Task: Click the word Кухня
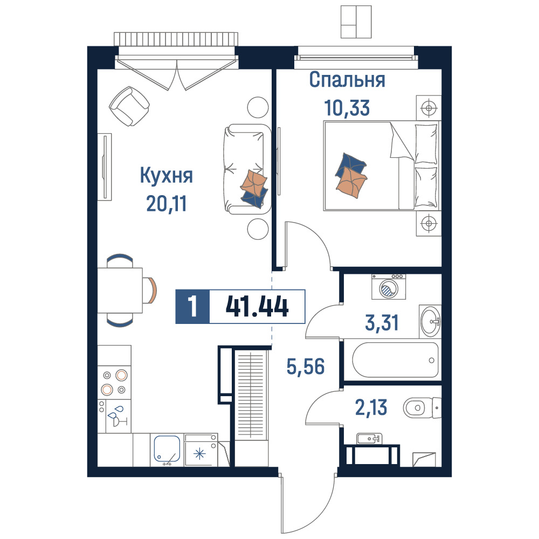tap(167, 176)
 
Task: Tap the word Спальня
tap(347, 80)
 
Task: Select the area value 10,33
tap(347, 108)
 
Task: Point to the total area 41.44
tap(257, 307)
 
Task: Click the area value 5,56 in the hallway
tap(306, 367)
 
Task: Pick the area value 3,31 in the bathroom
tap(382, 323)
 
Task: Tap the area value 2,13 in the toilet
tap(371, 407)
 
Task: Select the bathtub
tap(395, 360)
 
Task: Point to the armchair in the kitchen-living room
tap(129, 106)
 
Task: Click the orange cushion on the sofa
tap(254, 183)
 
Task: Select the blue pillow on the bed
tap(351, 164)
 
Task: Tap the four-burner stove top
tap(114, 383)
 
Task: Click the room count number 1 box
tap(192, 307)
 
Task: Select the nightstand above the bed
tap(429, 108)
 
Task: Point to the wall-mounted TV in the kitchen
tap(105, 167)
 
